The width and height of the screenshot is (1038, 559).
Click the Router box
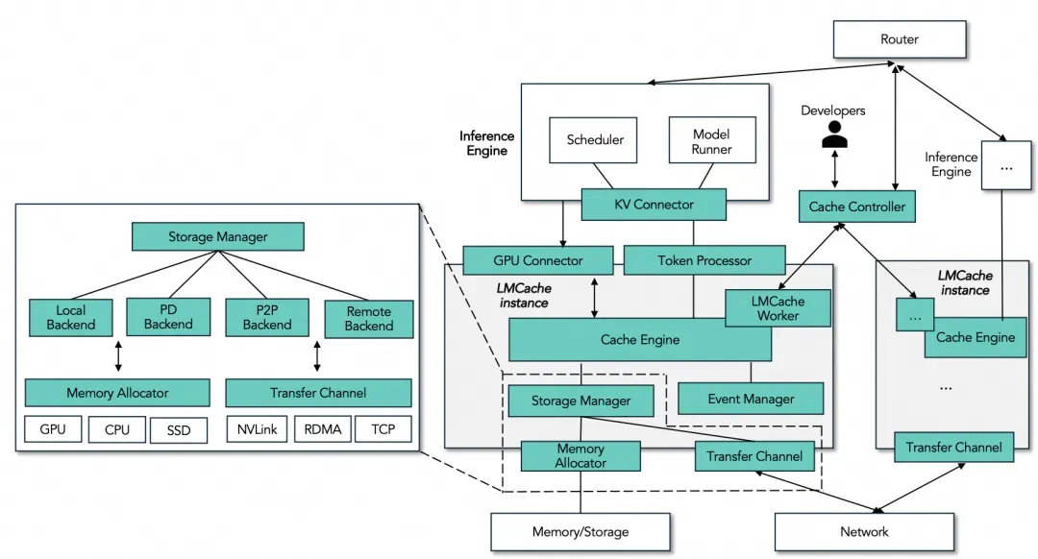899,39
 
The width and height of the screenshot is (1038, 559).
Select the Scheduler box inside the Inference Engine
595,140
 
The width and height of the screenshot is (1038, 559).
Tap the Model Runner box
711,140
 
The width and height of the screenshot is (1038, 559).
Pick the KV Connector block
654,205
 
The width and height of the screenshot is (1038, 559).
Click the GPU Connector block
537,260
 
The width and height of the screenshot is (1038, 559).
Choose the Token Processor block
704,260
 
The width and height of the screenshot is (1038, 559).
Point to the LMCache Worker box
778,307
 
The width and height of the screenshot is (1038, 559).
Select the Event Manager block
751,399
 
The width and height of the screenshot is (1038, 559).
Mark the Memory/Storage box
581,531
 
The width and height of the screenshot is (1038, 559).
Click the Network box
864,531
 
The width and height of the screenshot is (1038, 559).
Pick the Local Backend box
71,317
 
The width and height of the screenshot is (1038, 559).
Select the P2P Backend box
266,317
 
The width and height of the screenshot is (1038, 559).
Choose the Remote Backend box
368,318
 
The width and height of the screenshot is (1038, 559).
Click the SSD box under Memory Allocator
178,430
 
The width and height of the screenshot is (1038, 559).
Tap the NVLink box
257,429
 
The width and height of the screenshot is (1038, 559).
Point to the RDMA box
322,429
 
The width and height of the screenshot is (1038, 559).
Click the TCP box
383,429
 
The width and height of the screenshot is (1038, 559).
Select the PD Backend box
168,317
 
